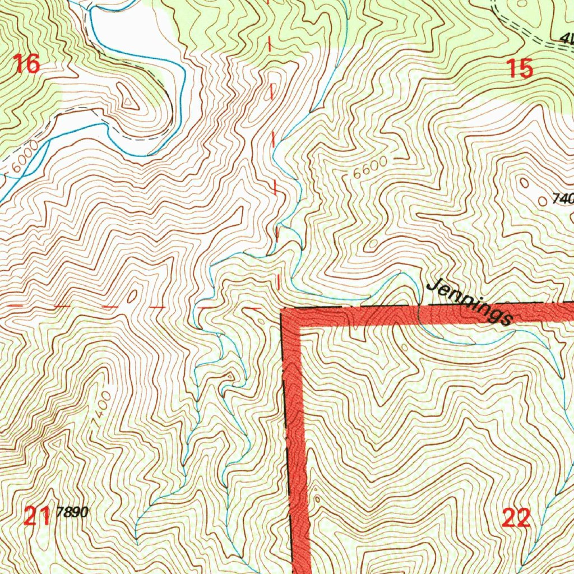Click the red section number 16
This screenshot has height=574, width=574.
coord(26,64)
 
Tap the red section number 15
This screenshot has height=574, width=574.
coord(520,69)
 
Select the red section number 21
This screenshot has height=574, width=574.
coord(38,516)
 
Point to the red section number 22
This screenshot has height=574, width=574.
coord(516,519)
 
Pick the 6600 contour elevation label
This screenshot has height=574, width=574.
coord(370,166)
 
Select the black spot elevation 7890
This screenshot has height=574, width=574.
coord(73,512)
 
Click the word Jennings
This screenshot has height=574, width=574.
coord(470,303)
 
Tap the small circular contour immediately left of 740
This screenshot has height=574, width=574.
coord(542,199)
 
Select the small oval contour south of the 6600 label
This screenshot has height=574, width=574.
coord(373,244)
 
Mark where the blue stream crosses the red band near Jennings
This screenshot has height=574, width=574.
coord(419,314)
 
